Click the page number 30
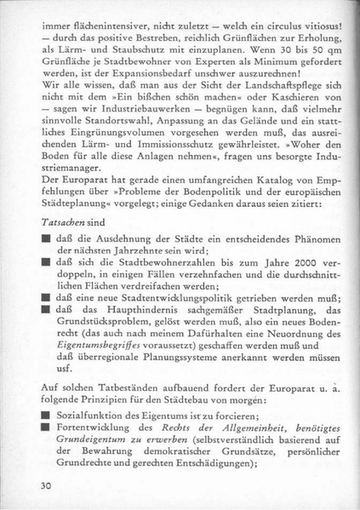[46, 486]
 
